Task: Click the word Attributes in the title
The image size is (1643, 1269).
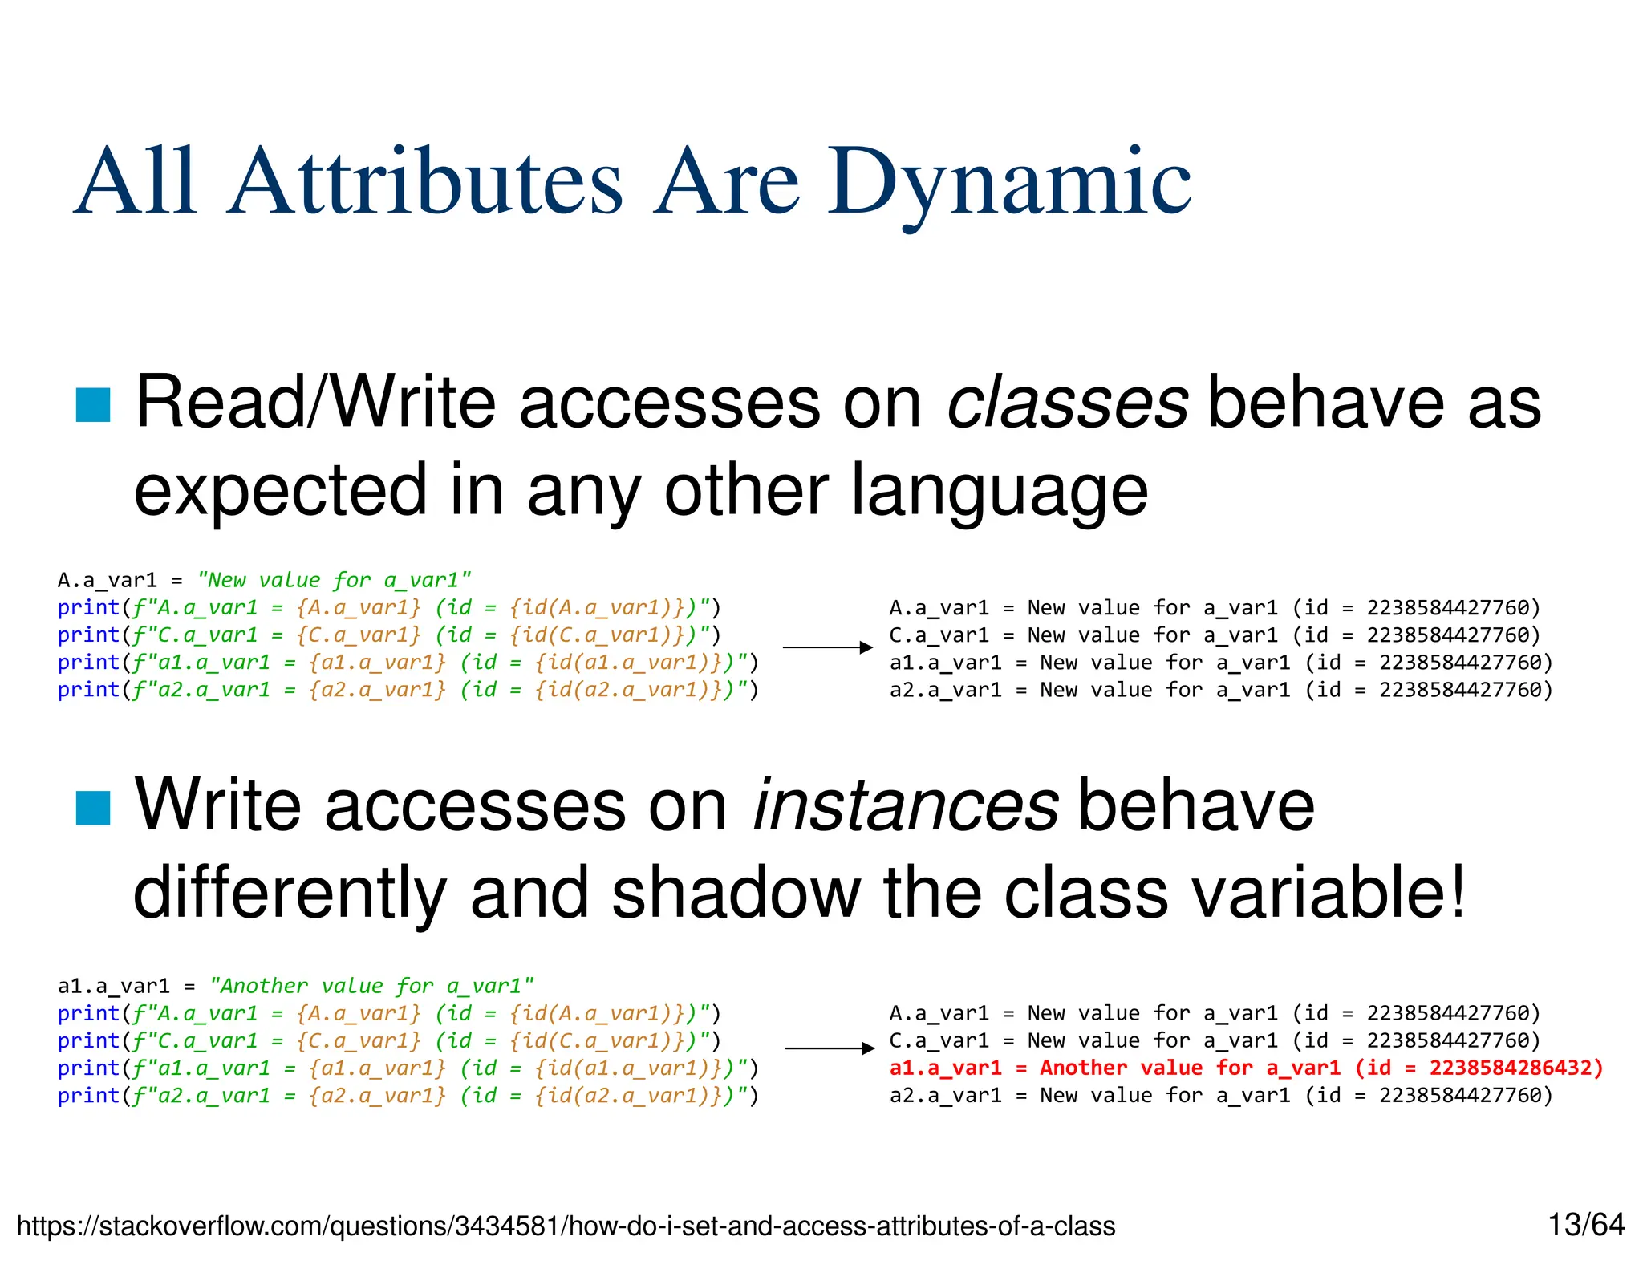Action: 425,183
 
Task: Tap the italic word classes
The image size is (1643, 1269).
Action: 1067,403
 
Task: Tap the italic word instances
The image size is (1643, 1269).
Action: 906,805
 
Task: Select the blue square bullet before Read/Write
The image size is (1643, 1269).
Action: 93,404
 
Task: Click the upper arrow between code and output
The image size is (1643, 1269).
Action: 827,647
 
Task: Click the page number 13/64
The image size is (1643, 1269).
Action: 1585,1225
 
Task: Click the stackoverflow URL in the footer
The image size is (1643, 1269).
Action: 566,1226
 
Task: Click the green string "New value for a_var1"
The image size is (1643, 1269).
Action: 334,580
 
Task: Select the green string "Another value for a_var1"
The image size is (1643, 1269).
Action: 371,986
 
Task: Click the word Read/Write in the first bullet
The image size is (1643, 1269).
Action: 316,403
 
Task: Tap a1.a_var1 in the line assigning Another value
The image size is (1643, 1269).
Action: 113,986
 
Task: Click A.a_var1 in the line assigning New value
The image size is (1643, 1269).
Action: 107,580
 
